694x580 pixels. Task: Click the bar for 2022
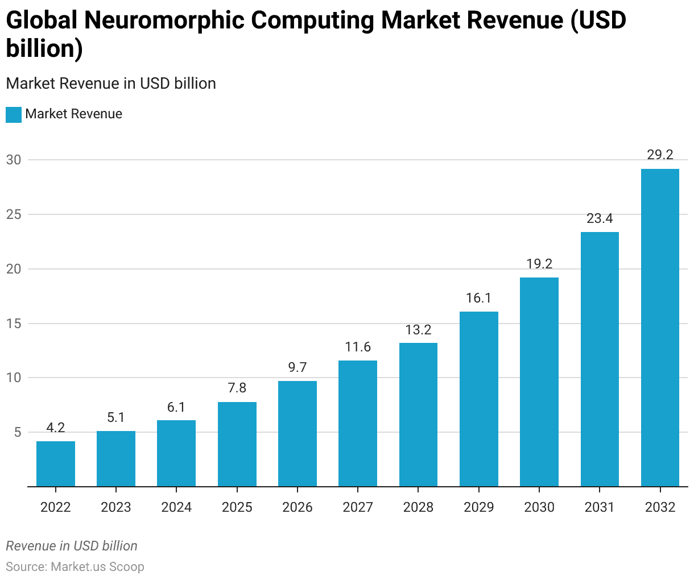pos(56,463)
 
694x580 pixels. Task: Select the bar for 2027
pos(358,423)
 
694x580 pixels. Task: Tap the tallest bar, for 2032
pos(660,328)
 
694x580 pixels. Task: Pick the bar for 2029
pos(479,399)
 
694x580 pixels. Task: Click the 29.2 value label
pos(660,155)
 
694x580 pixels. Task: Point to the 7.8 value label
pos(237,388)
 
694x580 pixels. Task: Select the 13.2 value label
pos(418,330)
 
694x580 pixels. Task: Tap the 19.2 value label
pos(539,264)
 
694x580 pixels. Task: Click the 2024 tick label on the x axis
pos(176,507)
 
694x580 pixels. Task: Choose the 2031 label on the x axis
pos(600,507)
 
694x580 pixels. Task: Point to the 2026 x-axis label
pos(298,507)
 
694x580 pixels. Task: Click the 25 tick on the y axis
pos(14,215)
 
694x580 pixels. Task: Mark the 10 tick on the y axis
pos(14,378)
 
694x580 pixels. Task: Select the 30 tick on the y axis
pos(14,160)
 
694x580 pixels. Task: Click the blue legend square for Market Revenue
pos(14,114)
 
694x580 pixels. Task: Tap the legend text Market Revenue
pos(74,114)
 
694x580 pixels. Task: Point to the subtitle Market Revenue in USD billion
pos(111,84)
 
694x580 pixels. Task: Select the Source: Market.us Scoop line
pos(75,567)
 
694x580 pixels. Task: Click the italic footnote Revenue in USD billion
pos(72,546)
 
